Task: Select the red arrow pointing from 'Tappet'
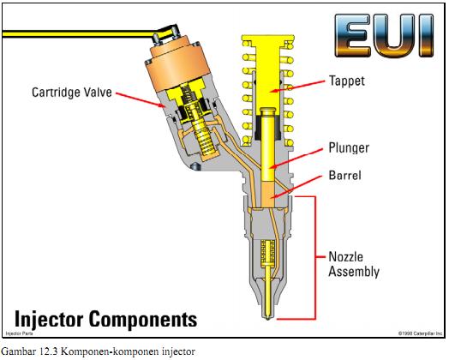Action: click(300, 83)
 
